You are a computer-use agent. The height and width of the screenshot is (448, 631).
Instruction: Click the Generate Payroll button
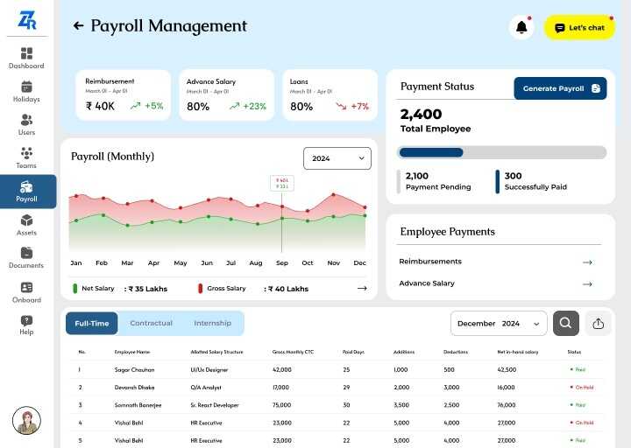click(x=560, y=88)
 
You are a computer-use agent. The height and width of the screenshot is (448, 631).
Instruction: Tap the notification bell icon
click(x=521, y=28)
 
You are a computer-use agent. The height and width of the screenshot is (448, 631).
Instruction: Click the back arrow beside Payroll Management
click(x=78, y=26)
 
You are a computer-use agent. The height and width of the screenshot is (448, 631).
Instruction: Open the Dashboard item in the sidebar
click(x=26, y=58)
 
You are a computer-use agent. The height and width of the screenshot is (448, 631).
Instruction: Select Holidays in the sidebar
click(x=26, y=91)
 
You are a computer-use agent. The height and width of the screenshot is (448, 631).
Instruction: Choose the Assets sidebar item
click(x=26, y=225)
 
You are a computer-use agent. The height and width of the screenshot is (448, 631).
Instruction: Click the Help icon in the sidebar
click(x=26, y=325)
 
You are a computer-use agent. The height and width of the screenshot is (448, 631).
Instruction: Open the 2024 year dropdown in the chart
click(x=337, y=158)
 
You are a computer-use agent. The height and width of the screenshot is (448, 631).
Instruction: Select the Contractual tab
click(x=151, y=324)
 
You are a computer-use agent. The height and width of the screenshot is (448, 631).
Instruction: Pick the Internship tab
click(x=213, y=324)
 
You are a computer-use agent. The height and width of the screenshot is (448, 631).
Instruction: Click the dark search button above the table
click(x=565, y=324)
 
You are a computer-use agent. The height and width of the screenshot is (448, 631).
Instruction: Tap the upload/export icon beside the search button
click(x=599, y=324)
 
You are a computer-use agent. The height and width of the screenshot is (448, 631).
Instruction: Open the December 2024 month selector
click(x=499, y=324)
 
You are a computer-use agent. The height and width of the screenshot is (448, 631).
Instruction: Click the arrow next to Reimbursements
click(x=587, y=262)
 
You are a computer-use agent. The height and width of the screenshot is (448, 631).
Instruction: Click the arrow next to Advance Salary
click(x=587, y=283)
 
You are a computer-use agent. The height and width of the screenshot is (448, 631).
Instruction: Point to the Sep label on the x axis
click(x=282, y=262)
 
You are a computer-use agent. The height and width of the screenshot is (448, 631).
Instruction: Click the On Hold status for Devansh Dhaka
click(x=582, y=387)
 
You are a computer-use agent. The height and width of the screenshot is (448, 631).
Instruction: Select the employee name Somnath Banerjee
click(x=138, y=405)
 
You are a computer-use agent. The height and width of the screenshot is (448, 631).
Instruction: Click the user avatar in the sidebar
click(x=26, y=420)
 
